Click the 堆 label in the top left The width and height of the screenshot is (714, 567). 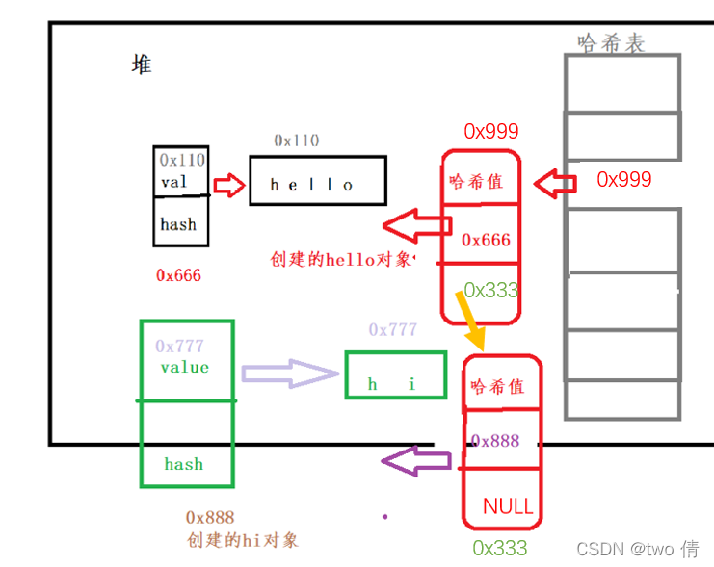[142, 64]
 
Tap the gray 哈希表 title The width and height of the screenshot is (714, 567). [611, 42]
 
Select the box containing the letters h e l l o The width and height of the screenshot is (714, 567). [317, 181]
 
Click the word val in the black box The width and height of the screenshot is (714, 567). [174, 182]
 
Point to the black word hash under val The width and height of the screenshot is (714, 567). [178, 224]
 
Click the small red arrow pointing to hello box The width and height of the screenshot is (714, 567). [229, 185]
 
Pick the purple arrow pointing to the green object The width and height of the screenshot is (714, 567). [415, 461]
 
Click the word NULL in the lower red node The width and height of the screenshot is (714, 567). [508, 506]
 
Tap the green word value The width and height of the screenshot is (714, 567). [184, 367]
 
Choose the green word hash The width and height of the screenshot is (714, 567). [183, 464]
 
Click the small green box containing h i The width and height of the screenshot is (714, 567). [395, 375]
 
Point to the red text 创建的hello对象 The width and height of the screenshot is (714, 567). [342, 259]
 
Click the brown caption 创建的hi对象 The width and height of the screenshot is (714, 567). [242, 539]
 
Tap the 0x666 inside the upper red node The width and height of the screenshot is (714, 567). [485, 240]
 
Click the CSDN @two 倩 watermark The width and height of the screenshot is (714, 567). [637, 549]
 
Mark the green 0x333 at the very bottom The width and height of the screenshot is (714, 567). [499, 548]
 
